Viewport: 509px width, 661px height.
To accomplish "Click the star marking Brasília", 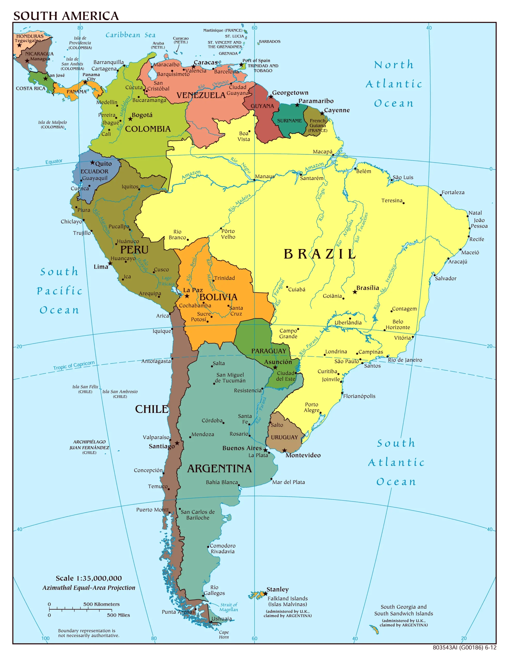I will [355, 292].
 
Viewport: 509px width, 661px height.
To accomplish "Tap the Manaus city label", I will [265, 176].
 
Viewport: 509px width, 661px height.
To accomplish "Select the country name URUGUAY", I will [284, 437].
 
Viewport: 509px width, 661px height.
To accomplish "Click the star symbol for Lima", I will [110, 263].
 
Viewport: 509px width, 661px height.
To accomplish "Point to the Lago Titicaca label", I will [167, 281].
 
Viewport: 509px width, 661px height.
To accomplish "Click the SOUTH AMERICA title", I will [66, 16].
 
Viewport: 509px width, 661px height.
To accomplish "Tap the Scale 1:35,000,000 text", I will [89, 578].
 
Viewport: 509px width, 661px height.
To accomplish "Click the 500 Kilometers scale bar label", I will [101, 604].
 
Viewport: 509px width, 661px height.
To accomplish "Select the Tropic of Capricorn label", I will [74, 366].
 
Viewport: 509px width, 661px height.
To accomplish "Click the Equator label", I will [54, 162].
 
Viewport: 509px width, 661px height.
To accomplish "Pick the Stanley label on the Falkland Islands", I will [277, 589].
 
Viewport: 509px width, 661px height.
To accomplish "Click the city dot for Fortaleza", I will [441, 195].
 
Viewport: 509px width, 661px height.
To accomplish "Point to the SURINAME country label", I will [289, 121].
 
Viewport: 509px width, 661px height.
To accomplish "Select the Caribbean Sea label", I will [130, 35].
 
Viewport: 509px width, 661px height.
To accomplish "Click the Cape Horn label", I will [224, 635].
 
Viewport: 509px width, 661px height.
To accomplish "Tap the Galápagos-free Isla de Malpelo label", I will [52, 125].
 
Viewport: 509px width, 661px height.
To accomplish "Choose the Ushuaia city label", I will [221, 619].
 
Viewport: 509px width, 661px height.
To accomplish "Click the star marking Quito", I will [93, 162].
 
